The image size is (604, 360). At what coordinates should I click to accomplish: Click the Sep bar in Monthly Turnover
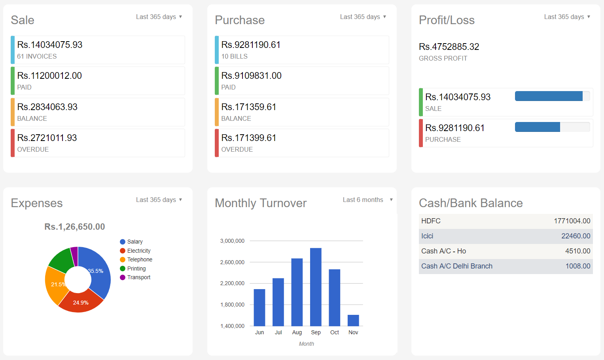[316, 287]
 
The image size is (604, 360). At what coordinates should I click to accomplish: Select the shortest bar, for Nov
[353, 320]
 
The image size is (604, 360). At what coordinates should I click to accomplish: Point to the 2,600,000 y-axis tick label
[232, 262]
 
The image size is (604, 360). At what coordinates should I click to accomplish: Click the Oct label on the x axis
[335, 333]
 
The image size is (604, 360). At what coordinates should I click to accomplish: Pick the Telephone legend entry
[140, 260]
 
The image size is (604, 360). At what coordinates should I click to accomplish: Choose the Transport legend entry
[138, 278]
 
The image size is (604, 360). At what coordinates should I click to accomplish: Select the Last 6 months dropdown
[367, 200]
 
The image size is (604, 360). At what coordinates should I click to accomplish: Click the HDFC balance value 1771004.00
[572, 221]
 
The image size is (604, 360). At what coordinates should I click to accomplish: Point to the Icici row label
[427, 236]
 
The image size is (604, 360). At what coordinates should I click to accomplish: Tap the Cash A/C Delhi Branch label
[457, 266]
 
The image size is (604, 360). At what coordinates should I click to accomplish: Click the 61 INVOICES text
[37, 57]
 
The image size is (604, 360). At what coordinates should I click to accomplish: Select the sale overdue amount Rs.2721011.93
[47, 138]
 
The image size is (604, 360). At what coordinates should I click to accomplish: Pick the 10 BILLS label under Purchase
[234, 57]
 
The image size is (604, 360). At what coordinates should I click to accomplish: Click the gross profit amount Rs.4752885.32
[449, 47]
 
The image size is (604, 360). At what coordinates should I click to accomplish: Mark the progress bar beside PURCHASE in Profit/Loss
[552, 127]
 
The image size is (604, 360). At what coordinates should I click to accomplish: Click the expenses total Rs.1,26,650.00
[75, 227]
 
